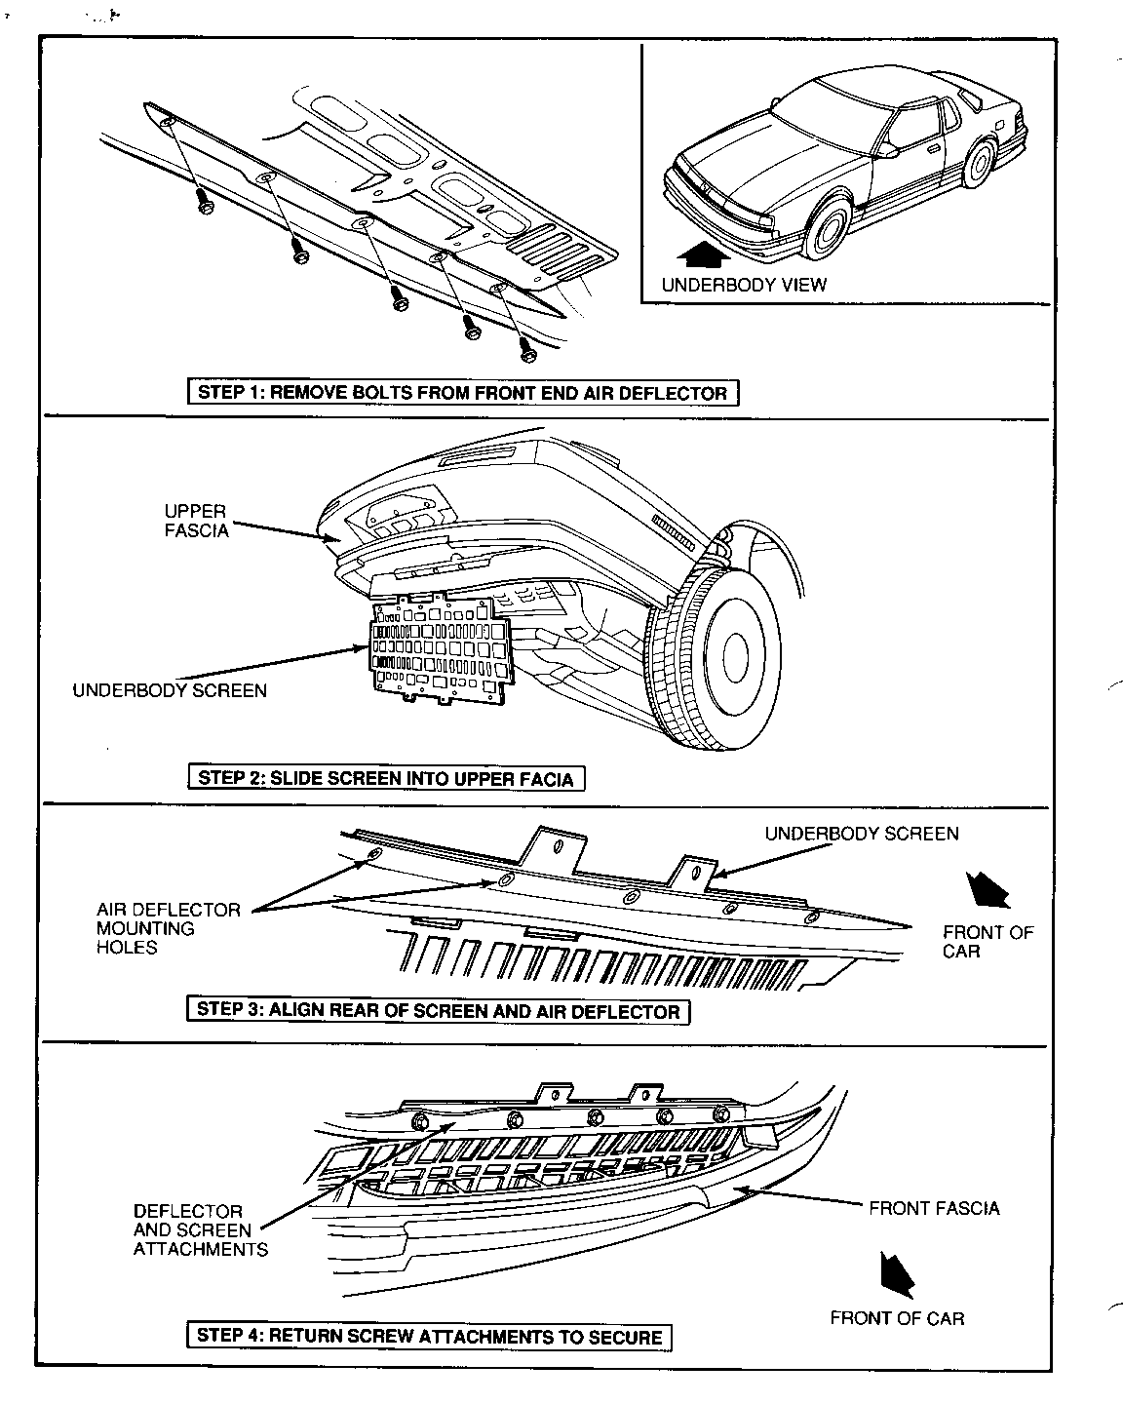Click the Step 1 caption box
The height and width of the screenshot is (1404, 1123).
(462, 393)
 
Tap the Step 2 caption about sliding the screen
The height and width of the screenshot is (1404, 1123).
(386, 778)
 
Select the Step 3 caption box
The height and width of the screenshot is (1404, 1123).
(438, 1010)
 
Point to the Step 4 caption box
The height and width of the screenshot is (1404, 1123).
(429, 1336)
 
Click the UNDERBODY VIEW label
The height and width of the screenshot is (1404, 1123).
(743, 285)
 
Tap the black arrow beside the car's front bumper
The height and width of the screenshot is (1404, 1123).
(703, 254)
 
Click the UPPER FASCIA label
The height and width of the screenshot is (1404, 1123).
(196, 521)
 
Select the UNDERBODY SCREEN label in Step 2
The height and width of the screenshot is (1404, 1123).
(170, 690)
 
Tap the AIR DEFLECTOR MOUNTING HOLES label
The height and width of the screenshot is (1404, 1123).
(168, 928)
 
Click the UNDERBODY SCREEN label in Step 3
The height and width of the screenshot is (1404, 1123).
(861, 834)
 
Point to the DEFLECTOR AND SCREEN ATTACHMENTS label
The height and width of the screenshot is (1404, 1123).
(200, 1229)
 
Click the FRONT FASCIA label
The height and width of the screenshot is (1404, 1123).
(934, 1208)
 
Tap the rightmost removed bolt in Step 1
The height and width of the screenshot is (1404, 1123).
(528, 344)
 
